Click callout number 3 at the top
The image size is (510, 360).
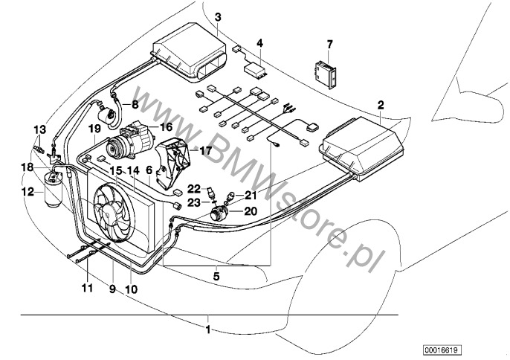tap(217, 17)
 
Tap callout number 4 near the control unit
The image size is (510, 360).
tap(259, 43)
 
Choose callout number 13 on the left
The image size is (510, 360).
tap(39, 129)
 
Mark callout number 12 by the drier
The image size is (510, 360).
tap(28, 191)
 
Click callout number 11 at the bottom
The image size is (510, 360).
tap(87, 288)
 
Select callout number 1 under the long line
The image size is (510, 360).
tap(209, 328)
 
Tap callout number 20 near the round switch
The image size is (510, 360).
tap(250, 210)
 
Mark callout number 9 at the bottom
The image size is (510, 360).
tap(112, 288)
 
